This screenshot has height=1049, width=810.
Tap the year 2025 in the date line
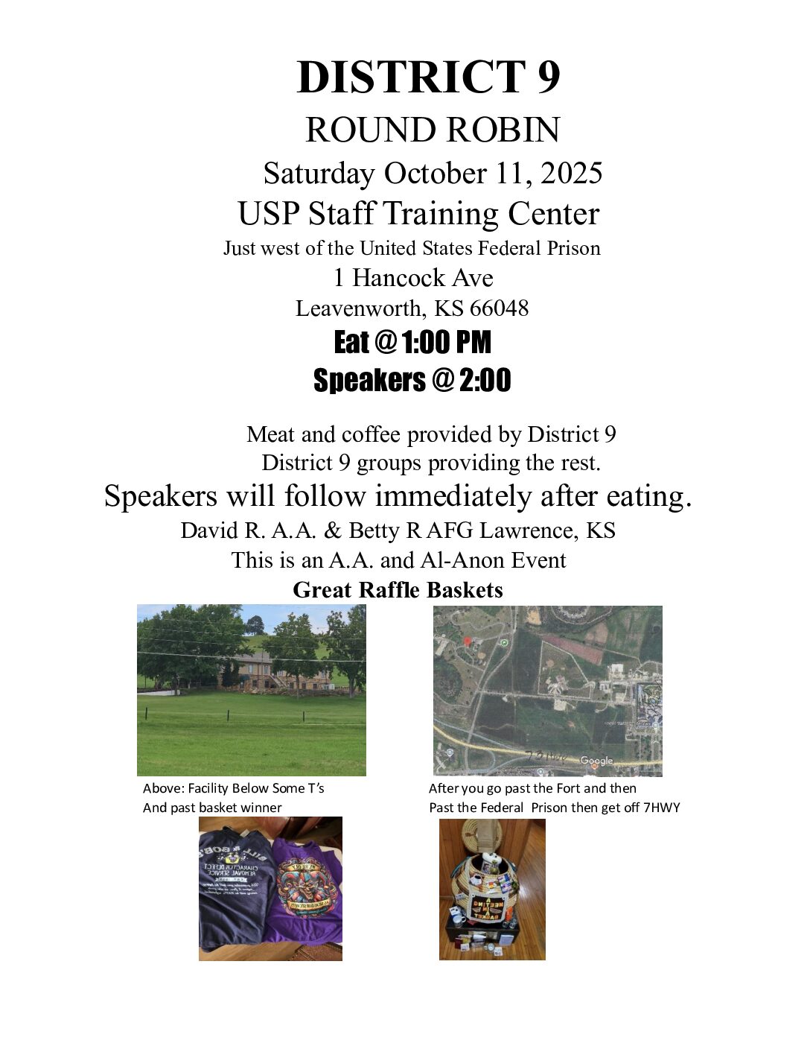coord(571,173)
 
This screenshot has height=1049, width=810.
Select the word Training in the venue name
coord(441,214)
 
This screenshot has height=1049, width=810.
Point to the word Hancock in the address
coord(398,278)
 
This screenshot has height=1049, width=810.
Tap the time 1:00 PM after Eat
coord(446,343)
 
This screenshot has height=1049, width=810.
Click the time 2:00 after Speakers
coord(485,380)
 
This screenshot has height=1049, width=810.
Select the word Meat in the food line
coord(271,434)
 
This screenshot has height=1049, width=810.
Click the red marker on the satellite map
coord(467,641)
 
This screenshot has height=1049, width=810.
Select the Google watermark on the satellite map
coord(596,761)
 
